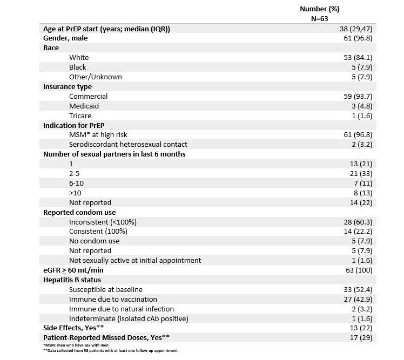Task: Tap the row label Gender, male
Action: (x=65, y=38)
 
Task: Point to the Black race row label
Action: (x=78, y=67)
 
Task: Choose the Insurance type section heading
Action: (x=68, y=87)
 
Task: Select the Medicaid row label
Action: (x=84, y=106)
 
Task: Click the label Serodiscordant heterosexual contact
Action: (x=129, y=145)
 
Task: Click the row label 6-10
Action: (x=76, y=184)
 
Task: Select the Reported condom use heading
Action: (x=79, y=213)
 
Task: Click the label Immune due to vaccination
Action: (x=113, y=299)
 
